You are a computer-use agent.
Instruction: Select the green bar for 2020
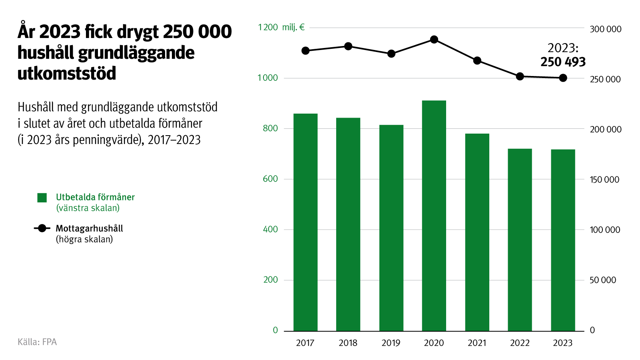[434, 216]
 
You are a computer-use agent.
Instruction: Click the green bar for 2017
[305, 222]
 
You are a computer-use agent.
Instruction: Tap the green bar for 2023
[563, 240]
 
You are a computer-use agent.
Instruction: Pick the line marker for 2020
[434, 40]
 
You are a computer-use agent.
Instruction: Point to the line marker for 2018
[348, 46]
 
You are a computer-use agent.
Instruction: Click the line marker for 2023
[563, 78]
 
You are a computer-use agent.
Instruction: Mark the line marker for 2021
[477, 61]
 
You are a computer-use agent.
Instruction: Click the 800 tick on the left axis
[270, 128]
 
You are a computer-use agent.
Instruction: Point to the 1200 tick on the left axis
[268, 27]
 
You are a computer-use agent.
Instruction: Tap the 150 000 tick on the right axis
[604, 180]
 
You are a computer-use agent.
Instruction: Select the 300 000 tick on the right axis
[606, 29]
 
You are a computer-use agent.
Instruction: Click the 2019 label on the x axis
[391, 343]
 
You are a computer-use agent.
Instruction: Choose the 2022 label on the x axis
[520, 343]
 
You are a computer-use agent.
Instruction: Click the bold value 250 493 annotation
[563, 62]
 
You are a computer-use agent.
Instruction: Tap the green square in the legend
[42, 198]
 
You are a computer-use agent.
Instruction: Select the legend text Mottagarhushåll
[89, 228]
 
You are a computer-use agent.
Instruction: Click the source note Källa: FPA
[37, 342]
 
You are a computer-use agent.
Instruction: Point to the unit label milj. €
[293, 27]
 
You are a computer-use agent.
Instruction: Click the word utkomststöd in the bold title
[67, 74]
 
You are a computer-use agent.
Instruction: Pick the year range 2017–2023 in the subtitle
[174, 140]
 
